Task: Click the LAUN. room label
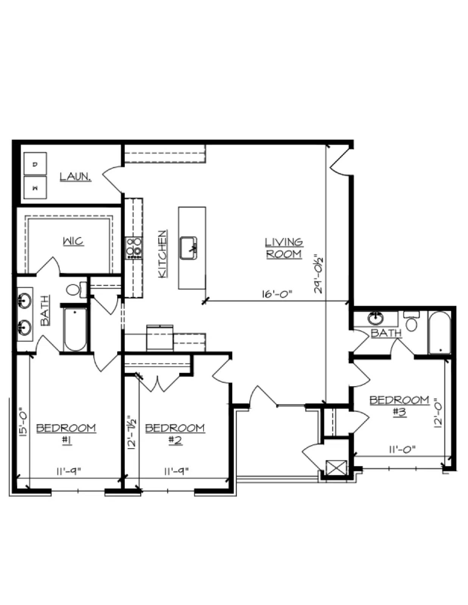75,177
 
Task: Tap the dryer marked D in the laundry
35,164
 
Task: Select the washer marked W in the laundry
35,188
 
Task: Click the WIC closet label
73,241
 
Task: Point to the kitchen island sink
189,248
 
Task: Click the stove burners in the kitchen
134,248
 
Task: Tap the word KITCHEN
163,254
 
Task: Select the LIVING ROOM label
284,248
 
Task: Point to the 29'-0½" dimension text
318,273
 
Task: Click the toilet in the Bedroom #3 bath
412,321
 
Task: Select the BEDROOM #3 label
399,406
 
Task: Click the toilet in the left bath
76,290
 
